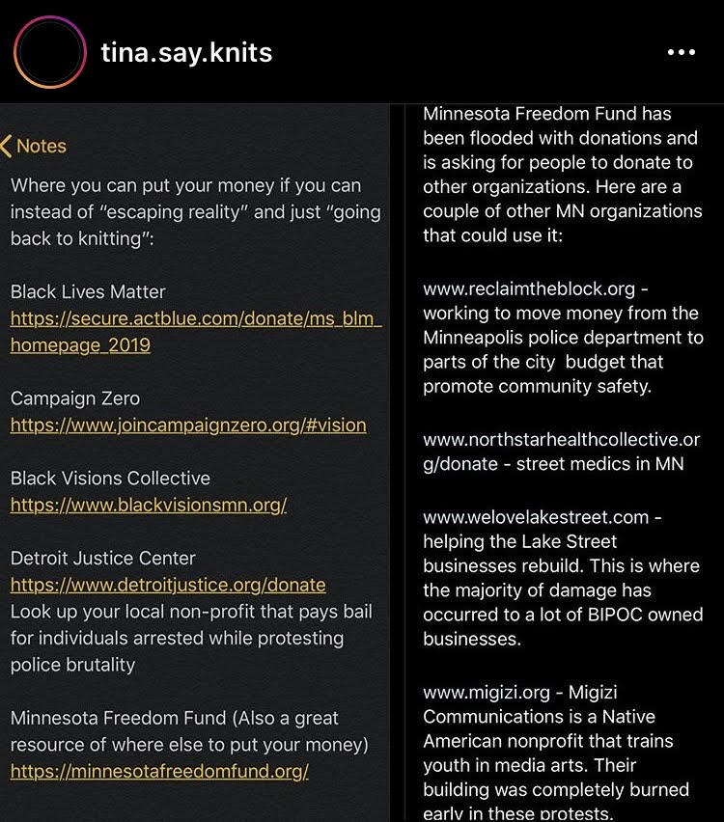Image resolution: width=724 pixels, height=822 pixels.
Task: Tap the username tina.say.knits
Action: click(x=186, y=52)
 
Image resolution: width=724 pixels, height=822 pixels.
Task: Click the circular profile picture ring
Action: click(x=50, y=52)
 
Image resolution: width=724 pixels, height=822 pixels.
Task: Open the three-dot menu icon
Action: click(x=681, y=52)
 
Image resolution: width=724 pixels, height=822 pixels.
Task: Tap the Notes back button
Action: click(x=34, y=147)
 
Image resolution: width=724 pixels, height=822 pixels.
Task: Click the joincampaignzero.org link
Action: click(x=188, y=425)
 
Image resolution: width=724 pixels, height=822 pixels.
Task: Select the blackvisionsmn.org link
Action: click(x=149, y=505)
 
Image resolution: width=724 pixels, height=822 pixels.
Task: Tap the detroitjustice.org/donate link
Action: click(x=168, y=585)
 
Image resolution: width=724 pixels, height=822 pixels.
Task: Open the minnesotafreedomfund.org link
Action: click(x=159, y=771)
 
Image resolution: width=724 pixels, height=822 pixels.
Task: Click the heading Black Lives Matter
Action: click(x=88, y=291)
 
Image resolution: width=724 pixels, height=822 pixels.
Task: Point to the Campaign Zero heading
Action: click(x=75, y=398)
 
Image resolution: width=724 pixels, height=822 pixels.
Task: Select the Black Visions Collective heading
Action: click(x=110, y=479)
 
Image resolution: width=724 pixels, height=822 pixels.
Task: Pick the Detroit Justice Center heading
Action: click(x=103, y=559)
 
